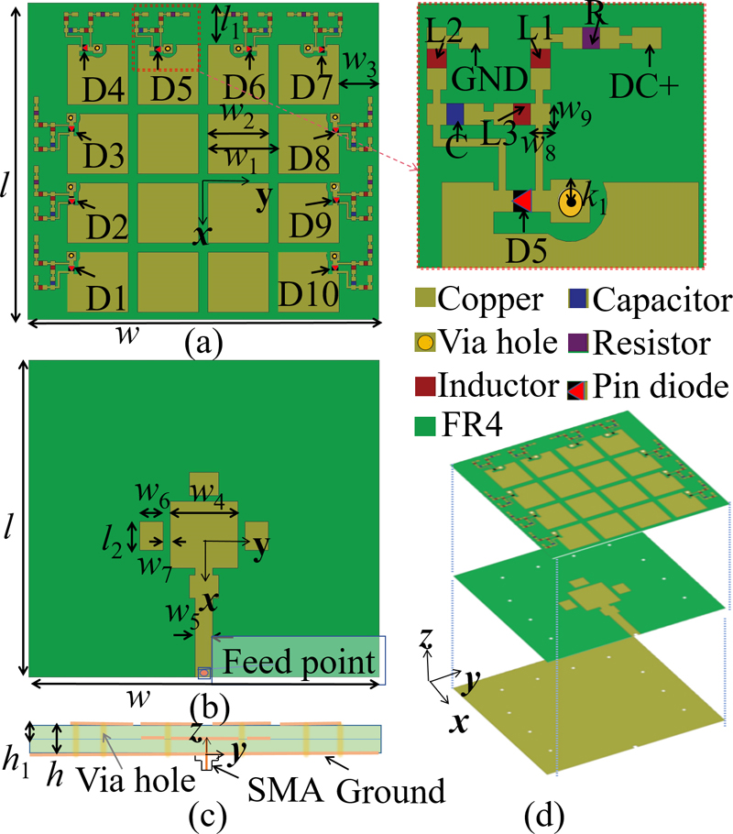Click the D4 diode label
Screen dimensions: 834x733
[x=98, y=89]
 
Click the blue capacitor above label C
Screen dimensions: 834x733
[x=454, y=114]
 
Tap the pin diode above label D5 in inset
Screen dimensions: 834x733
[x=521, y=201]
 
